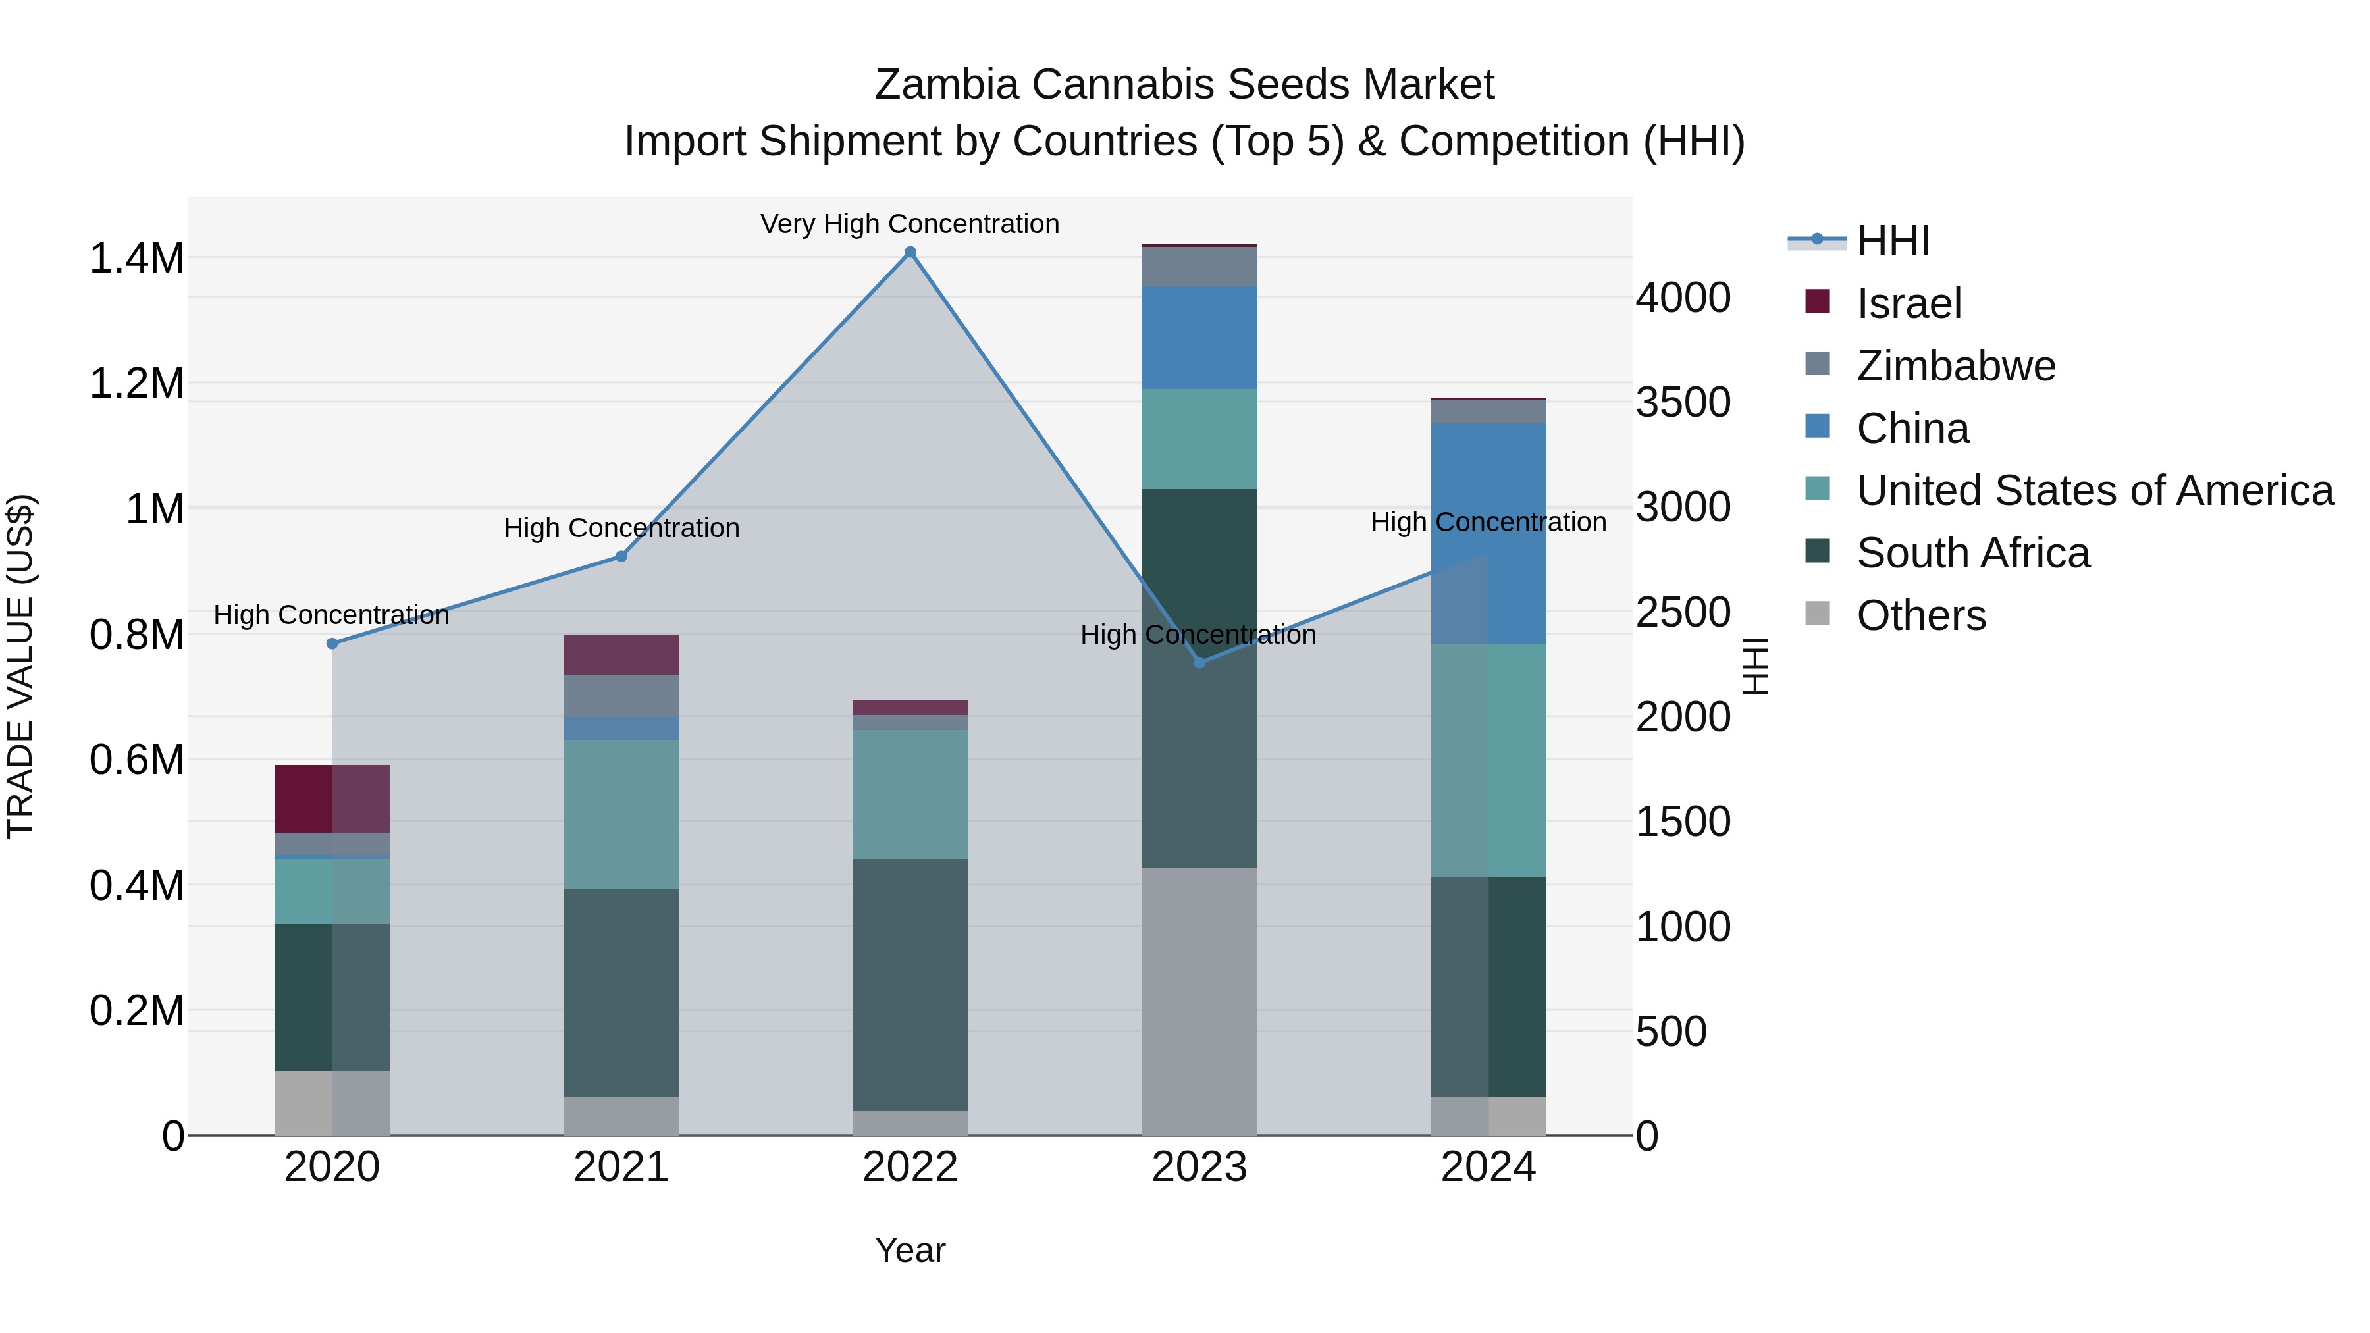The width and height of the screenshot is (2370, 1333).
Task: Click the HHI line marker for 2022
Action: (910, 252)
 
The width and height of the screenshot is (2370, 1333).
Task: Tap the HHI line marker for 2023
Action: (1199, 662)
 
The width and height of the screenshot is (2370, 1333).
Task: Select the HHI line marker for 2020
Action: (332, 644)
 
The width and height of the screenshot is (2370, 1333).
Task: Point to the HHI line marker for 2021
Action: (621, 556)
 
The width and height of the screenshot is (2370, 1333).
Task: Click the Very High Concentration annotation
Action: (909, 224)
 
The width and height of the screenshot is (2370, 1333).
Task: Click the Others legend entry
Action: (1920, 615)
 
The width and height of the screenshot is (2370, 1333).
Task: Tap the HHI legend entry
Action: (1893, 241)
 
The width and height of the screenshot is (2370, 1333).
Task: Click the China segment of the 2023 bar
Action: (1199, 338)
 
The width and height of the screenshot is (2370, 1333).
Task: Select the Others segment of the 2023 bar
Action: (1199, 1001)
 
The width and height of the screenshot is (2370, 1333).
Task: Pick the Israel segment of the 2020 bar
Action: (332, 798)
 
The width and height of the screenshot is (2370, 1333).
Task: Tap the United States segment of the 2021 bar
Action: (621, 814)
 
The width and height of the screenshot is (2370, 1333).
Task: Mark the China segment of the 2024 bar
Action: (1488, 534)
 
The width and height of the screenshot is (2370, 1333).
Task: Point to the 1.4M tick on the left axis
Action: (136, 259)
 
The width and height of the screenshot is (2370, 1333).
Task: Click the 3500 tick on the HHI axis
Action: (1683, 403)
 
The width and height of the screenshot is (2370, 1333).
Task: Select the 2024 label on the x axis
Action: (1488, 1167)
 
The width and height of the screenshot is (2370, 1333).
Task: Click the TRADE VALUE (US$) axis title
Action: (20, 666)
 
